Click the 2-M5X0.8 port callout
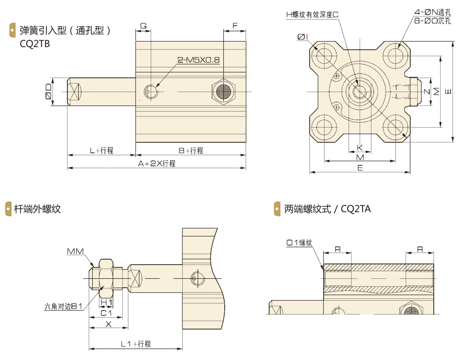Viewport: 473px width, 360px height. click(x=199, y=60)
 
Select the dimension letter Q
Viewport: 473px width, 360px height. click(x=143, y=26)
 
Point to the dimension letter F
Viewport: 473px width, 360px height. click(x=235, y=26)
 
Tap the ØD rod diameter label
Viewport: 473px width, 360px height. click(x=48, y=92)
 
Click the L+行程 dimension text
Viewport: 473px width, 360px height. click(x=101, y=150)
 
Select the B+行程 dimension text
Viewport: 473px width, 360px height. click(x=191, y=150)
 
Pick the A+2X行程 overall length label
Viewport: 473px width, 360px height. click(x=156, y=163)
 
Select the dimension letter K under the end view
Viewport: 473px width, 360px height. click(x=360, y=147)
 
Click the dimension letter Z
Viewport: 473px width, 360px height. click(x=426, y=92)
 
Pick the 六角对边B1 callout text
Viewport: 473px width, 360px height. click(x=64, y=306)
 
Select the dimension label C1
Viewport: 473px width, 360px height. click(x=106, y=313)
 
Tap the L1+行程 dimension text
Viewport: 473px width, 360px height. click(x=136, y=344)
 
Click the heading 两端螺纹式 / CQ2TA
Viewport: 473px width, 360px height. click(x=328, y=209)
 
